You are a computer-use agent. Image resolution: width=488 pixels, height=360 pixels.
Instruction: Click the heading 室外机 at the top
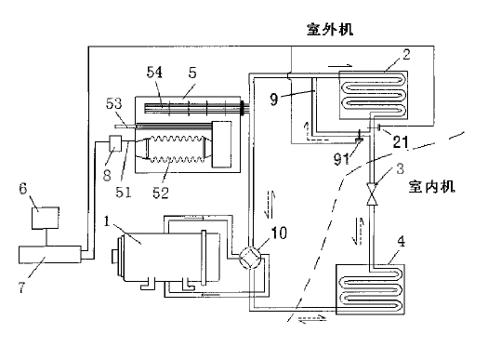330,30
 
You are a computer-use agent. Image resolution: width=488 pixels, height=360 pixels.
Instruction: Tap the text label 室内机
431,187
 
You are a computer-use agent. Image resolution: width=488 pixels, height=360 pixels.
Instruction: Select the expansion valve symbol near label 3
372,194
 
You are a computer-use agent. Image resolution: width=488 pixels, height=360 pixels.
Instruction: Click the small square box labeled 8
115,143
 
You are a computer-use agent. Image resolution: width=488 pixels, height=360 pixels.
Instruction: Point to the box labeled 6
46,218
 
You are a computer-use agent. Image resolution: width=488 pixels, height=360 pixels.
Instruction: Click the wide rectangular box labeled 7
50,255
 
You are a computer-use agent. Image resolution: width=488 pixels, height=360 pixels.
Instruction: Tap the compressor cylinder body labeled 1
162,257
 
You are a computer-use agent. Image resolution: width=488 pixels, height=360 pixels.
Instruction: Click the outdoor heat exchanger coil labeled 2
374,95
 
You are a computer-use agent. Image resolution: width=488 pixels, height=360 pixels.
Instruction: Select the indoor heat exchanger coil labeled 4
370,289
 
